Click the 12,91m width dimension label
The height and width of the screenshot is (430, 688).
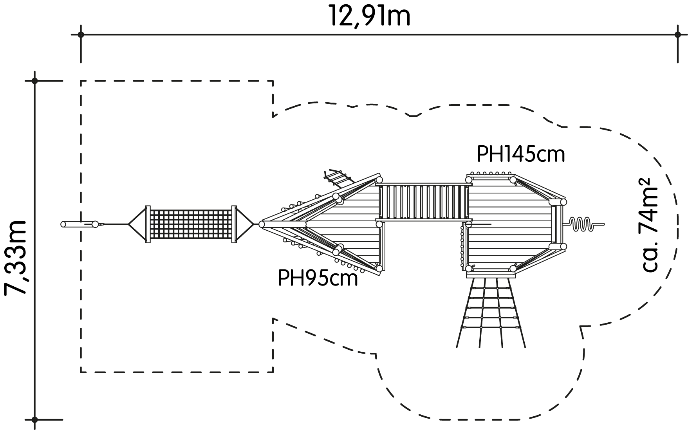(370, 16)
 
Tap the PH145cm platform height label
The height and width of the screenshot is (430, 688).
(521, 154)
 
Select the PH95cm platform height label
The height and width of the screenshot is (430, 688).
(318, 279)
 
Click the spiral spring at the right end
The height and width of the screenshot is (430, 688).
(583, 224)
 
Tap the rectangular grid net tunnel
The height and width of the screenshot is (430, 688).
(191, 224)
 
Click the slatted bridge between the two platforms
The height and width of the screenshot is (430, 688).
(424, 202)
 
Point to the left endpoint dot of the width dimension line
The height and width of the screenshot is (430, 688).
(81, 34)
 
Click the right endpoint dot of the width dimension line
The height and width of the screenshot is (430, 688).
(678, 34)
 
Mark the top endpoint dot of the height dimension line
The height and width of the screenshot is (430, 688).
(34, 81)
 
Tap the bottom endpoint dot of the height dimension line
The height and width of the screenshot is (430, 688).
(34, 419)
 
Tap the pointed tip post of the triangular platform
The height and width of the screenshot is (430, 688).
(262, 224)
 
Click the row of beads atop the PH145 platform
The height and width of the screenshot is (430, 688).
(491, 173)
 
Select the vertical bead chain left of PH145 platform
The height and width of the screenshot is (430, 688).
(462, 245)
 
